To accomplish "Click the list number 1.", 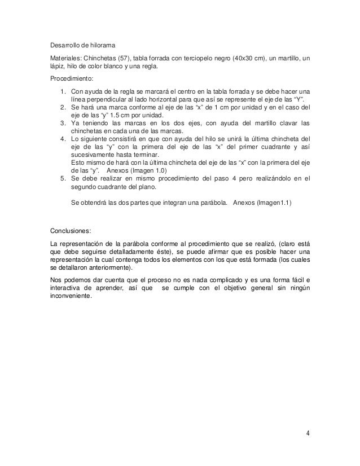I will (62, 92).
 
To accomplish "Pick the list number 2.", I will (62, 107).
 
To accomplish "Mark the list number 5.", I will (62, 178).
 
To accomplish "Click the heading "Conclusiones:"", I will (71, 231).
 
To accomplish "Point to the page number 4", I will (307, 434).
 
